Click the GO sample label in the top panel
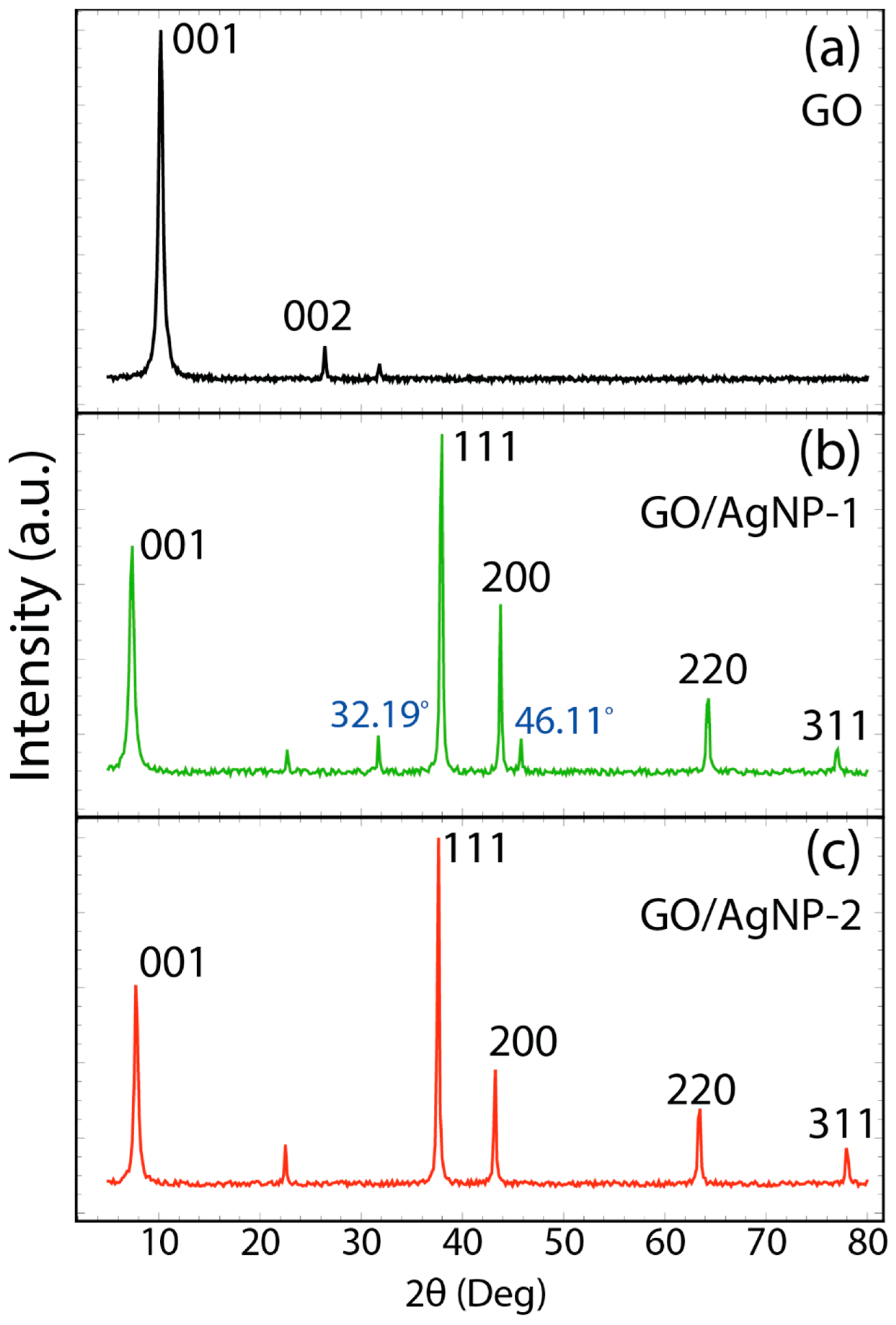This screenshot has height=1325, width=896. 831,112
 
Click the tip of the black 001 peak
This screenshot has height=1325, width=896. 161,32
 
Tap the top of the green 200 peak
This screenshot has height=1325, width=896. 500,606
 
